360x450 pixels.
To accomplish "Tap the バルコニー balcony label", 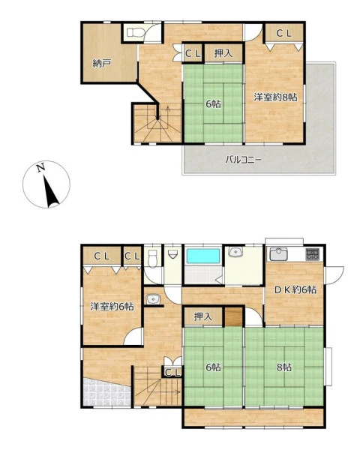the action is pyautogui.click(x=243, y=160).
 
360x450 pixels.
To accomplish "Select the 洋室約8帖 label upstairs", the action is pyautogui.click(x=275, y=97).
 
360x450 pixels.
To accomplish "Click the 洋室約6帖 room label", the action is pyautogui.click(x=112, y=307).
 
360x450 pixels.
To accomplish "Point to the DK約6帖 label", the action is pyautogui.click(x=295, y=289).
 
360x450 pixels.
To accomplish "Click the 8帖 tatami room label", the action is pyautogui.click(x=284, y=367).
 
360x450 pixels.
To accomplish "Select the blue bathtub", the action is pyautogui.click(x=203, y=256).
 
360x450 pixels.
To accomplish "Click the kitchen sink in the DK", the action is pyautogui.click(x=278, y=254).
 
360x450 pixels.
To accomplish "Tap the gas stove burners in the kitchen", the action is pyautogui.click(x=312, y=254).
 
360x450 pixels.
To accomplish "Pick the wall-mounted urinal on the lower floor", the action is pyautogui.click(x=172, y=254).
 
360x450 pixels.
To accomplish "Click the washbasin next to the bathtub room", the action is pyautogui.click(x=235, y=252).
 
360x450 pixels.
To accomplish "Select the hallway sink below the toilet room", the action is pyautogui.click(x=153, y=299).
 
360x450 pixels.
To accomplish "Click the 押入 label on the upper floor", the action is pyautogui.click(x=223, y=53).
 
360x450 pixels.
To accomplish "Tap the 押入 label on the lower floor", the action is pyautogui.click(x=203, y=316).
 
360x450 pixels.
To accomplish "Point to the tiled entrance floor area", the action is pyautogui.click(x=106, y=392).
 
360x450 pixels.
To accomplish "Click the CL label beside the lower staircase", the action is pyautogui.click(x=173, y=373).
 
